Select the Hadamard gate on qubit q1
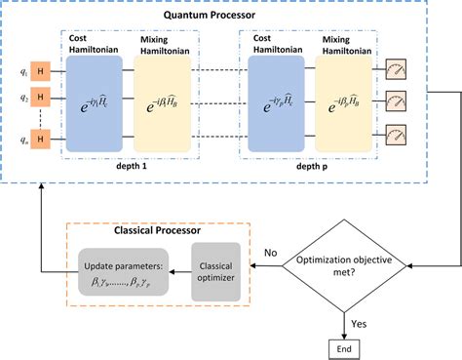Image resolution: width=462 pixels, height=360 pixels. click(x=40, y=68)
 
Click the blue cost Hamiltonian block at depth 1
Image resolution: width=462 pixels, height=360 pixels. click(x=94, y=103)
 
